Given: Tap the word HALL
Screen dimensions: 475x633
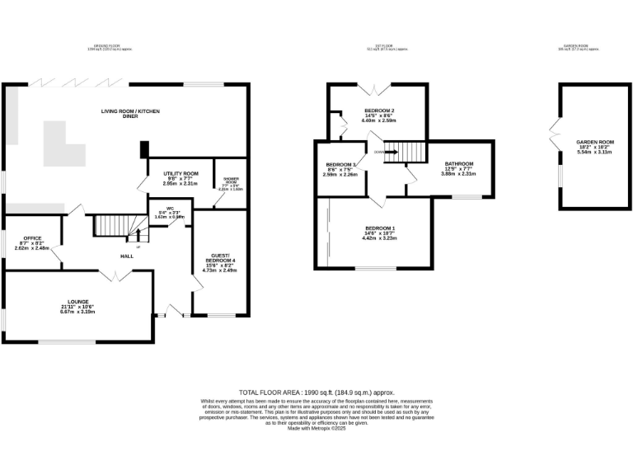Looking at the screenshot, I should click(x=127, y=256).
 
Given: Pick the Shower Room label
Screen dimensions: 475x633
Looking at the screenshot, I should click(x=230, y=181).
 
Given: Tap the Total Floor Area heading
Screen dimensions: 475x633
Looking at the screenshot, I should click(x=316, y=393).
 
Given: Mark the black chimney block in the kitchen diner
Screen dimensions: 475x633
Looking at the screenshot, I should click(x=144, y=149).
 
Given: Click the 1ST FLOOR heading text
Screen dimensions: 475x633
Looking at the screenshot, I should click(x=380, y=45).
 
